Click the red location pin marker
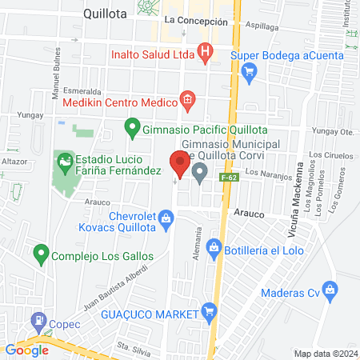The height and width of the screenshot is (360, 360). click(x=179, y=164)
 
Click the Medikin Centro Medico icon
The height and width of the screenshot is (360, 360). click(x=187, y=100)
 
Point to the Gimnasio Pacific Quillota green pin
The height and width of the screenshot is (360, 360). click(x=132, y=126)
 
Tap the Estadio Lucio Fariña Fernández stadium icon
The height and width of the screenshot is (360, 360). click(x=63, y=163)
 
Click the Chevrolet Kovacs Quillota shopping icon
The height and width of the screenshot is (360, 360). click(x=166, y=217)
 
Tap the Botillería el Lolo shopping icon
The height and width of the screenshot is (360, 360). click(x=214, y=246)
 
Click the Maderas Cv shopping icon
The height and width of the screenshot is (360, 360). click(x=328, y=288)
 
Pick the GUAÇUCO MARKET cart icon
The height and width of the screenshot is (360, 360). click(x=209, y=311)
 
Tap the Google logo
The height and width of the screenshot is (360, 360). click(x=27, y=350)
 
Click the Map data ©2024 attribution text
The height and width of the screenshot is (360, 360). click(x=326, y=353)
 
